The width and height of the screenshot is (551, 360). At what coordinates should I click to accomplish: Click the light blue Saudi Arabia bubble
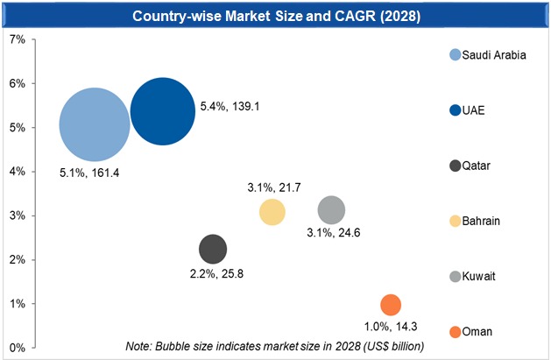pos(95,125)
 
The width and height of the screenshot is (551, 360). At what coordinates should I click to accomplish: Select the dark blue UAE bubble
pos(162,111)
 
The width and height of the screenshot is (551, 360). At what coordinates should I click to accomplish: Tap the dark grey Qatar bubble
pos(213,249)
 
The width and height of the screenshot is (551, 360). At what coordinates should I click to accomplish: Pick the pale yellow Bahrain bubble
pos(272,213)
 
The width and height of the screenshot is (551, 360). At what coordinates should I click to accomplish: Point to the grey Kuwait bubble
pos(331,210)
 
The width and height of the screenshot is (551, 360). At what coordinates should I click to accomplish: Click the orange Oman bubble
pos(391,305)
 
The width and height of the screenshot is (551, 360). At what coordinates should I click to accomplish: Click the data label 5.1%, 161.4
pos(89,173)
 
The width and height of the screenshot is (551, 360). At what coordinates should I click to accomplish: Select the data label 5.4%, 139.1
pos(230,107)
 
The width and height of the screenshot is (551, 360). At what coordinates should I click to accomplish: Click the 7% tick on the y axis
pos(16,39)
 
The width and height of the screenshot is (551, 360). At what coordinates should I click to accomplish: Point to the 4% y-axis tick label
pos(16,172)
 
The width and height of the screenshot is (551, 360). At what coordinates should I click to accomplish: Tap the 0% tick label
pos(16,348)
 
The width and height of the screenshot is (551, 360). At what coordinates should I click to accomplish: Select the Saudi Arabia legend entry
pos(493,55)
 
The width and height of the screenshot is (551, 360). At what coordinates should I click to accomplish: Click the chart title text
pos(274,15)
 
